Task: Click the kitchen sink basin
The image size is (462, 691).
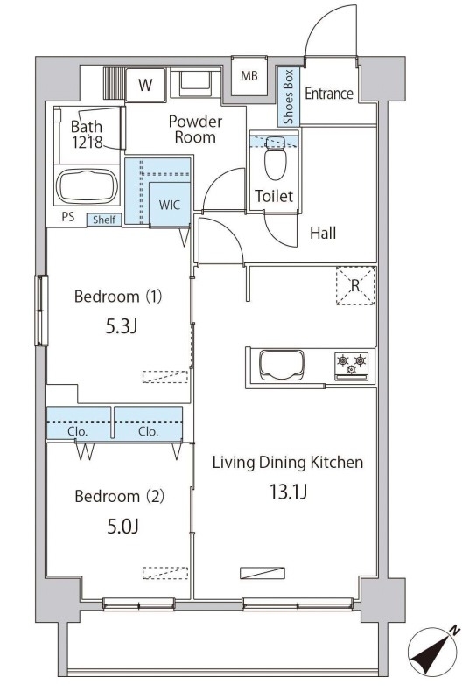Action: coord(281,365)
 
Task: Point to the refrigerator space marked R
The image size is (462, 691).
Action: coord(355,285)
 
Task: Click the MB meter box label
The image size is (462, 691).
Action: coord(249,76)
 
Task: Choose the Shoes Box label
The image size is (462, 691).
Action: coord(288,96)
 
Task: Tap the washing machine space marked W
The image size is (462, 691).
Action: coord(145,85)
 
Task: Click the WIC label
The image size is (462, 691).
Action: coord(170,205)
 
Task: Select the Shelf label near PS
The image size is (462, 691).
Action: coord(104,220)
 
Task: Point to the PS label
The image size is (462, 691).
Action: coord(68,217)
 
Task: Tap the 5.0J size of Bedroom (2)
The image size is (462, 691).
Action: coord(123,527)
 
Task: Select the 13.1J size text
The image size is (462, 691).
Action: coord(288,492)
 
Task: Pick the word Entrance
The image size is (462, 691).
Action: coord(329,94)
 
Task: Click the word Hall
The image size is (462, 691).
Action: coord(323,233)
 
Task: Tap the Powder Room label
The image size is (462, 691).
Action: coord(195,129)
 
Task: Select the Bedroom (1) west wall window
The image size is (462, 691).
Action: coord(42,311)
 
